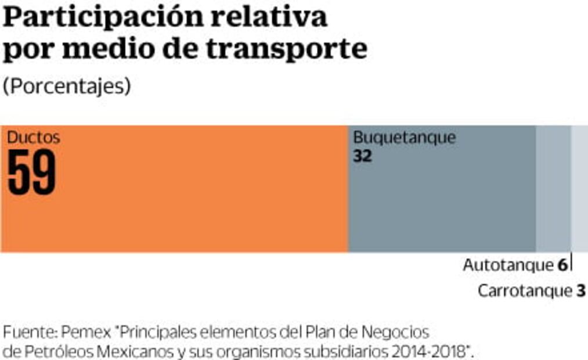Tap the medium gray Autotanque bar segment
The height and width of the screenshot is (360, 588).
click(553, 189)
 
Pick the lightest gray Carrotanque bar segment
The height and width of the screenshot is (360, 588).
click(579, 189)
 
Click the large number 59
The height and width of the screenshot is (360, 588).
click(32, 172)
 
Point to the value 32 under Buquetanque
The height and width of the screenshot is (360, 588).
click(362, 156)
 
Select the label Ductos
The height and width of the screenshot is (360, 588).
click(33, 138)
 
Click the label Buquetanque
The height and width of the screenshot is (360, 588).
click(405, 138)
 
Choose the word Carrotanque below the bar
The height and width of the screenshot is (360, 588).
click(524, 291)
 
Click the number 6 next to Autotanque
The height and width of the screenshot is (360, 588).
click(562, 265)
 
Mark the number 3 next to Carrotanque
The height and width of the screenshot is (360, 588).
click(580, 291)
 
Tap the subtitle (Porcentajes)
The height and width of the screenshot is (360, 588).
click(67, 86)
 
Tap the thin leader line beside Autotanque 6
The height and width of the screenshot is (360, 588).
click(571, 262)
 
